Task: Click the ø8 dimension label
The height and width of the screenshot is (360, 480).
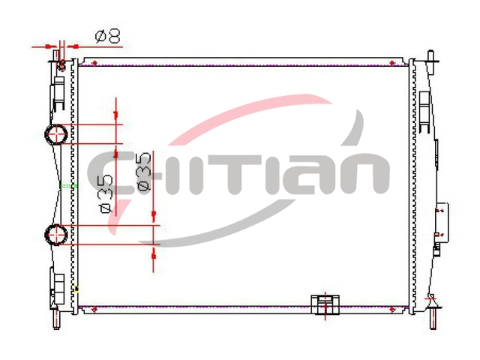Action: [108, 37]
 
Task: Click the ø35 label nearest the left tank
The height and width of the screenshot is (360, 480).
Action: [106, 194]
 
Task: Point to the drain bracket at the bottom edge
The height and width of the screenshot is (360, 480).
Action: [325, 304]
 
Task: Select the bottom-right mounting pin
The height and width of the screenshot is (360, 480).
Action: [432, 318]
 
